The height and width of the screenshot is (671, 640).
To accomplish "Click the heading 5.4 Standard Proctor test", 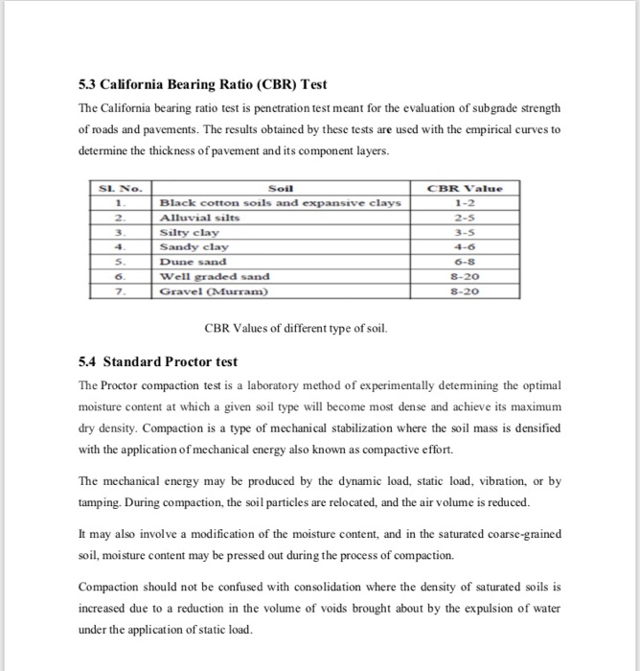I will [157, 362].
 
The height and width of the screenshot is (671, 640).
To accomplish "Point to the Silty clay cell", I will [190, 233].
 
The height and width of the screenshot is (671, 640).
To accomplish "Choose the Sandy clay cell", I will [195, 246].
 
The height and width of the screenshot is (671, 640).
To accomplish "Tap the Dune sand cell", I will [193, 261].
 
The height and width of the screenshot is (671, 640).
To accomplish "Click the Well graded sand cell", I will [214, 276].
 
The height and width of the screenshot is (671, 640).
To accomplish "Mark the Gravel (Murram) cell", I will [214, 290].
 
